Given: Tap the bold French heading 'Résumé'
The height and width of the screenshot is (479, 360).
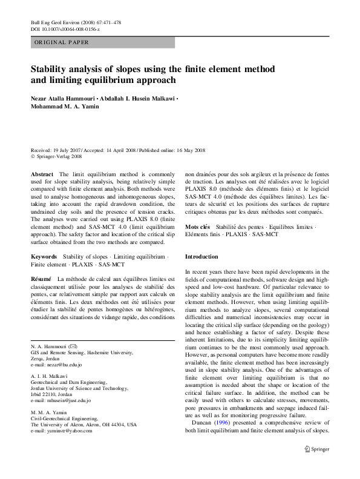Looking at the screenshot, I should (42, 278).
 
